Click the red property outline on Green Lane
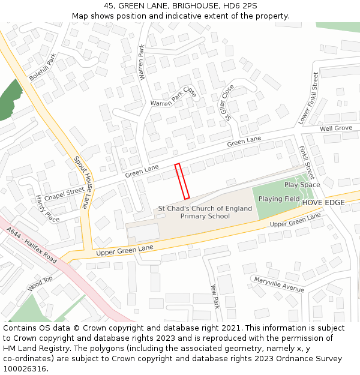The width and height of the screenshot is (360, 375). click(182, 181)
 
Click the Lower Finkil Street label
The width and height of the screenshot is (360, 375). click(308, 98)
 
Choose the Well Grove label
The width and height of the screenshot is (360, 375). click(335, 128)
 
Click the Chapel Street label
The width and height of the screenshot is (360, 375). click(64, 193)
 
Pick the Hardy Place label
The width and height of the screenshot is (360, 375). click(47, 208)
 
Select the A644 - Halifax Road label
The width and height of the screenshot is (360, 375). click(32, 245)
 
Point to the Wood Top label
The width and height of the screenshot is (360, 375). click(40, 284)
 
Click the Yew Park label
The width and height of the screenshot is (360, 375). click(215, 296)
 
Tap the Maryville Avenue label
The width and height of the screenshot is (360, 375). click(279, 284)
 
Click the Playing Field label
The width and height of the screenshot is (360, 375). click(279, 199)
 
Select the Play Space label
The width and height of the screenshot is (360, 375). click(302, 185)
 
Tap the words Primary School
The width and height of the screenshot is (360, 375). click(205, 216)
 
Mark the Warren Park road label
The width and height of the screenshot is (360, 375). click(142, 62)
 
